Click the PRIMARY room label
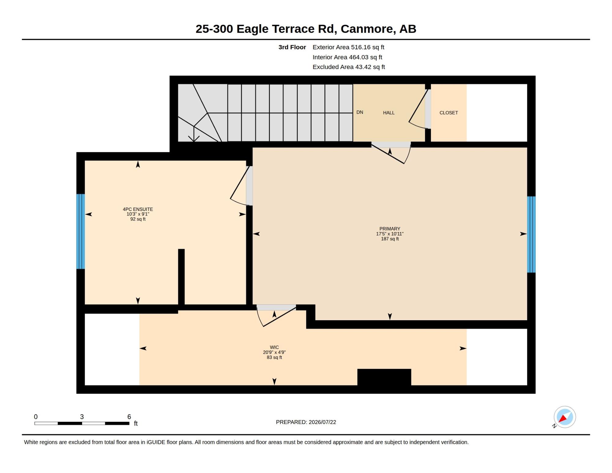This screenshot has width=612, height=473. click(390, 229)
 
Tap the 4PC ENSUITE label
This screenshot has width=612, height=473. click(138, 209)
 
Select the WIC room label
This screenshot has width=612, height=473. click(274, 347)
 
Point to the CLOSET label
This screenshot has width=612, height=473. click(449, 113)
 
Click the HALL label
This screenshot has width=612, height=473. click(389, 113)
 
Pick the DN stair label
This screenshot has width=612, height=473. click(360, 112)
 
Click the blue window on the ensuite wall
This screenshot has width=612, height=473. click(80, 231)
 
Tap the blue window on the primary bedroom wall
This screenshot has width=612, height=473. click(531, 235)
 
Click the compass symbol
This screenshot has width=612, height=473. click(565, 417)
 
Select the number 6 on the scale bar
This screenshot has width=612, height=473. click(129, 417)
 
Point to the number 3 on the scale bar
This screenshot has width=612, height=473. click(82, 417)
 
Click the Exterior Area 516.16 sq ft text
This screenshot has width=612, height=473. click(348, 47)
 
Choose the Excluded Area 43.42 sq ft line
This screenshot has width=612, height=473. click(349, 67)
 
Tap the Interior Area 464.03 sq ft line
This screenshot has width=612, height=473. click(347, 57)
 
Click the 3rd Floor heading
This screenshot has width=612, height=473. click(292, 47)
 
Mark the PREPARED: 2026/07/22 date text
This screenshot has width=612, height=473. click(306, 422)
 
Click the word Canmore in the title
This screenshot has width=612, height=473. click(367, 29)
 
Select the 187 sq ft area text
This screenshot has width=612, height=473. click(390, 239)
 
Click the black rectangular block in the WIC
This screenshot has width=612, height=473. click(384, 377)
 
